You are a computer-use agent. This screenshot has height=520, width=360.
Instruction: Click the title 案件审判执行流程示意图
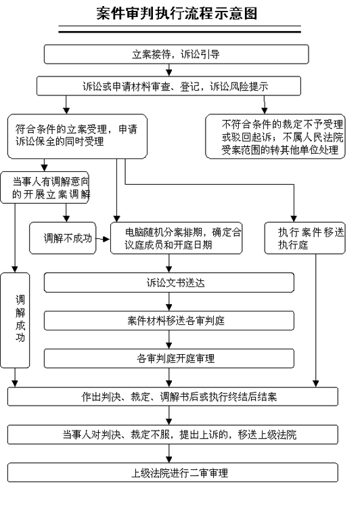click(177, 14)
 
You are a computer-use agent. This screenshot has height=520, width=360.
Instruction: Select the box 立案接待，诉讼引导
click(177, 54)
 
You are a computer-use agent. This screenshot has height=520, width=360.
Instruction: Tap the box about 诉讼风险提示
click(168, 86)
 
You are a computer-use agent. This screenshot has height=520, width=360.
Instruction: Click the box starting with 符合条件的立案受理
click(77, 136)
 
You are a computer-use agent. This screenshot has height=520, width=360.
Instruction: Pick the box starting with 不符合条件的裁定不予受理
click(275, 136)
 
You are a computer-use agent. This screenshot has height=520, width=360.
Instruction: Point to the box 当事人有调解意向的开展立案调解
click(45, 188)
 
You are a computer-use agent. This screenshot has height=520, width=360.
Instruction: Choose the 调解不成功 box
click(63, 238)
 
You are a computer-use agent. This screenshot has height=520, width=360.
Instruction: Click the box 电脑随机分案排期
click(177, 238)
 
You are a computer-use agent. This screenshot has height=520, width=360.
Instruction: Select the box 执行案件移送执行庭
click(305, 238)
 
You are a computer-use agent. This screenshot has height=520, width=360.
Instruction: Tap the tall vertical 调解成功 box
click(15, 320)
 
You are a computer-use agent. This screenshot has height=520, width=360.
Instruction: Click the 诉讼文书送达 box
click(169, 282)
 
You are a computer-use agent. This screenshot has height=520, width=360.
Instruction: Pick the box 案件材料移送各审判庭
click(169, 320)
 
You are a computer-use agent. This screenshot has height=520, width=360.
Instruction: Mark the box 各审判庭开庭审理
click(169, 358)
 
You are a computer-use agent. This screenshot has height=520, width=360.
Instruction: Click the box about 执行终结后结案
click(173, 396)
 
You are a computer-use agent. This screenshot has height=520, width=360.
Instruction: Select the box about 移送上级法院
click(173, 435)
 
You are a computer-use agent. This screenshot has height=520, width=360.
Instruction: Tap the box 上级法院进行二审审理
click(173, 473)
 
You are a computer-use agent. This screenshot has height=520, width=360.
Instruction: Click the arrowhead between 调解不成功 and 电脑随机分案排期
click(107, 239)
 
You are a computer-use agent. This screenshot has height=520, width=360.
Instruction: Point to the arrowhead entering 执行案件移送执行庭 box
click(294, 219)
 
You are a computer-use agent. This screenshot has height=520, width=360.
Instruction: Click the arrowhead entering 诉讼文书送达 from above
click(169, 269)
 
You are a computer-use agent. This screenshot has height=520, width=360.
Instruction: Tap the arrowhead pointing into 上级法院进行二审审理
click(169, 459)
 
